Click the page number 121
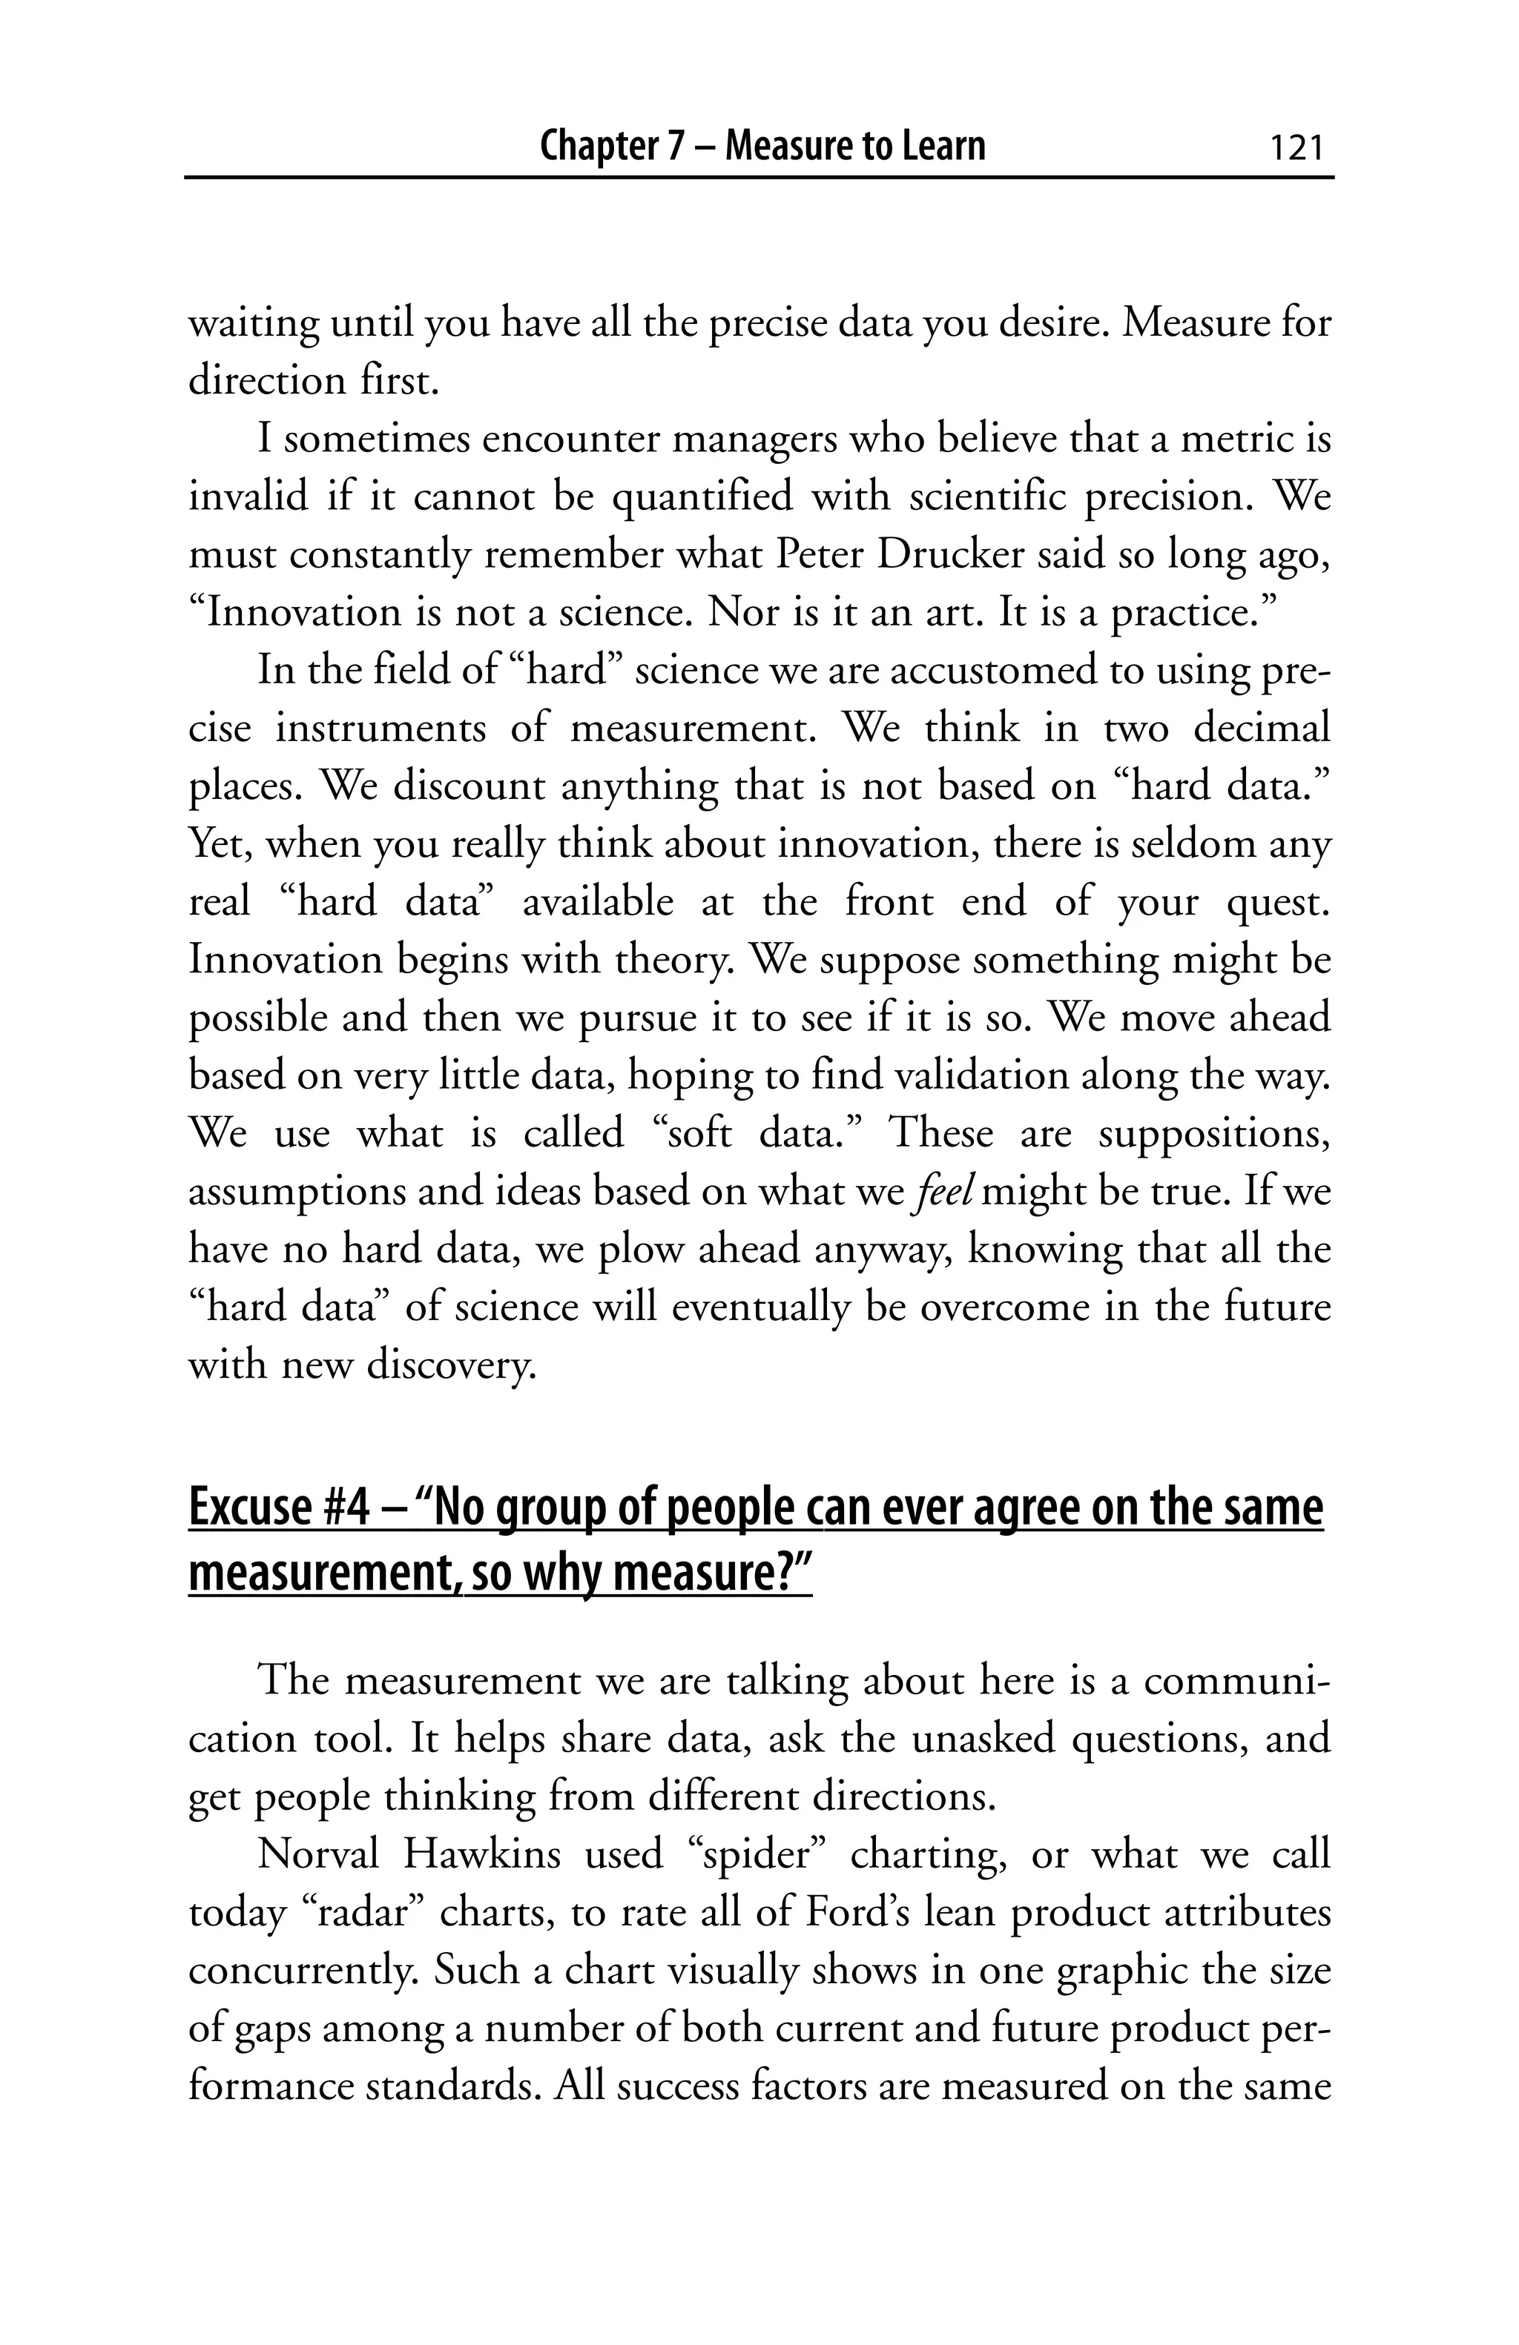(x=1295, y=147)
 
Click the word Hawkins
(x=481, y=1854)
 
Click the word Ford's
(x=857, y=1912)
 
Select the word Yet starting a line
(x=220, y=844)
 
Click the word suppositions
(x=1214, y=1134)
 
